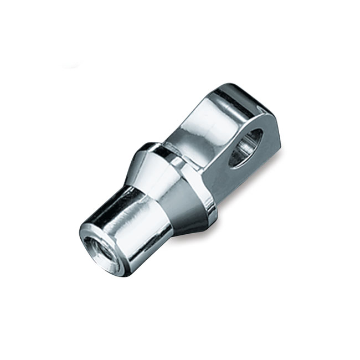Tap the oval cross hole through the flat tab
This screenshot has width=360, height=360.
pyautogui.click(x=244, y=148)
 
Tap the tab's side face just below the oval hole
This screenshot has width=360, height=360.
pyautogui.click(x=244, y=177)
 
